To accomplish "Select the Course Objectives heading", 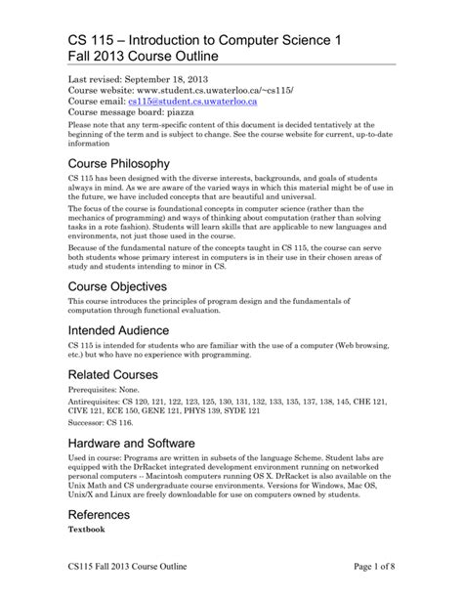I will point(119,286).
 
